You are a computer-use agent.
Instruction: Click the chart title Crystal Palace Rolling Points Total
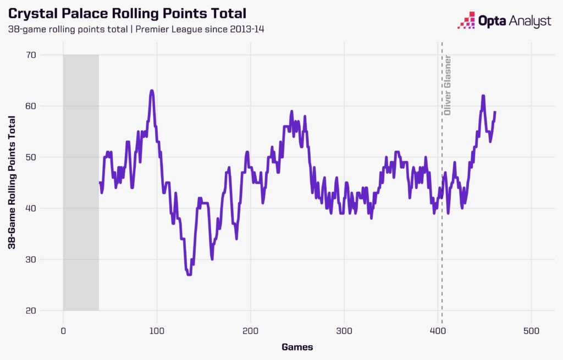click(x=127, y=13)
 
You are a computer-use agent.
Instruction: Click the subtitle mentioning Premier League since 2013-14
click(x=136, y=29)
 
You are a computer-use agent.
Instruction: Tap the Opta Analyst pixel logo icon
click(x=467, y=20)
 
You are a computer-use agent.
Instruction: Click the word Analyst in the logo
click(x=529, y=21)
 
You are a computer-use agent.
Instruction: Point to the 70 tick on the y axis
click(x=45, y=55)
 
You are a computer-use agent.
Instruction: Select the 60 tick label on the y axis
click(x=45, y=106)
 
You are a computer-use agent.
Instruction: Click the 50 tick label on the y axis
click(x=45, y=157)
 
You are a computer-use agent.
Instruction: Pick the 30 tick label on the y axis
click(x=45, y=259)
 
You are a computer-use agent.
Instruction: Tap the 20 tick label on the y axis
click(x=45, y=311)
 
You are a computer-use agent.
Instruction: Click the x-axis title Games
click(x=297, y=347)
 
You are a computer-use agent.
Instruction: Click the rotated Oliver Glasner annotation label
click(x=448, y=85)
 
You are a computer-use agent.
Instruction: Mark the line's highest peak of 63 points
click(x=151, y=91)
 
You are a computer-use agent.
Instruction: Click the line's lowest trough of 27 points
click(x=189, y=274)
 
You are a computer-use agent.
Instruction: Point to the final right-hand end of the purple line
click(x=495, y=112)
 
